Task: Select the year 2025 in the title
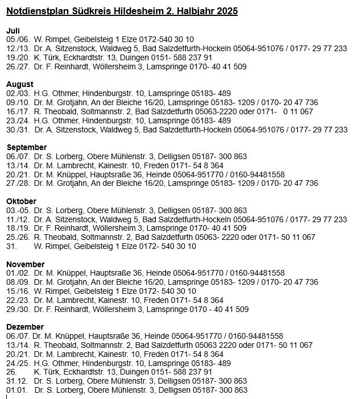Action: click(x=226, y=11)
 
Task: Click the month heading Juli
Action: click(x=13, y=30)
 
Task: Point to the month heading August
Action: click(x=20, y=84)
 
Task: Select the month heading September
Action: click(x=26, y=147)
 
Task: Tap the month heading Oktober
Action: click(x=21, y=201)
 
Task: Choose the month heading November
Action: click(x=25, y=264)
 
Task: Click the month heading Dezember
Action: click(x=25, y=327)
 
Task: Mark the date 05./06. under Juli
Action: click(x=16, y=39)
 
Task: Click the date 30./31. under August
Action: click(x=16, y=130)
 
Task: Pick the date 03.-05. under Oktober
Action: click(x=17, y=210)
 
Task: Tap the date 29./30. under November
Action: click(x=16, y=309)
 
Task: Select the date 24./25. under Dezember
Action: click(x=16, y=363)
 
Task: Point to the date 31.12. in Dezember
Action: click(x=16, y=381)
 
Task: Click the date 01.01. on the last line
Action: click(x=16, y=390)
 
